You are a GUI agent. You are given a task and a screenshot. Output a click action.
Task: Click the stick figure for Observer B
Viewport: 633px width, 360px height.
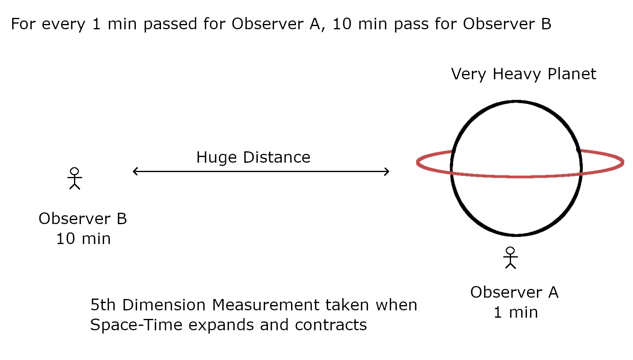[x=74, y=178]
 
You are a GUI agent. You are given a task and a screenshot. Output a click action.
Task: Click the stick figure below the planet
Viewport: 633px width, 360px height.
[x=510, y=257]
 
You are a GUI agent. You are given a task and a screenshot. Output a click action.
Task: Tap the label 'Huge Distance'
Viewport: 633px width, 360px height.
[x=253, y=157]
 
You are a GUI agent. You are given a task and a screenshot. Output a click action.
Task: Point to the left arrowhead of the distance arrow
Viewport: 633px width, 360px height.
[x=135, y=172]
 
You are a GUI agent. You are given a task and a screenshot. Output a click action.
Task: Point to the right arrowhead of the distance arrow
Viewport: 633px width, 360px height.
[x=387, y=172]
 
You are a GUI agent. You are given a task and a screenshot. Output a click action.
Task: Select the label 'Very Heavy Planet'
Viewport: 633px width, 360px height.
[x=523, y=74]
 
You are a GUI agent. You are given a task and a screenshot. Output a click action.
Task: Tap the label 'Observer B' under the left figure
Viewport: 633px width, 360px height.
[x=83, y=219]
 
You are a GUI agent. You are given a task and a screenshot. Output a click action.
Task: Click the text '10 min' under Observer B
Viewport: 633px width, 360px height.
[x=83, y=239]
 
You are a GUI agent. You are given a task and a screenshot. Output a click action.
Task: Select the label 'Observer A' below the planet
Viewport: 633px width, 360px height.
[x=514, y=292]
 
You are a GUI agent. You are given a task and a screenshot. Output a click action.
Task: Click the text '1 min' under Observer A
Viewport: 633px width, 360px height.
[x=516, y=312]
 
